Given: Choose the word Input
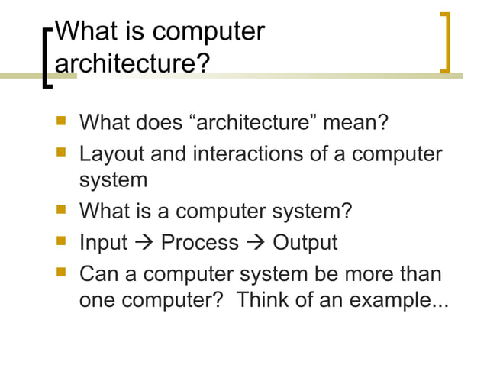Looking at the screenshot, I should [x=103, y=243].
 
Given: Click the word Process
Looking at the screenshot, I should [x=200, y=243].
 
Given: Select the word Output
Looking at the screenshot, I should [x=305, y=243].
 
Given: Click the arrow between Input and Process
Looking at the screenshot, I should [x=144, y=244].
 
